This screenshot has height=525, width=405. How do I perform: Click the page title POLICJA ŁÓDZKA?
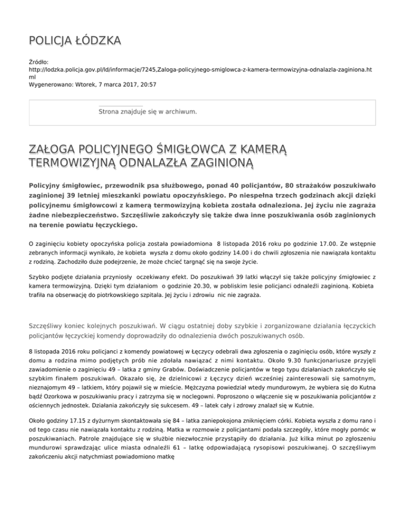pyautogui.click(x=74, y=41)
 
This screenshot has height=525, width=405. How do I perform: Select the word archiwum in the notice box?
pyautogui.click(x=179, y=111)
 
